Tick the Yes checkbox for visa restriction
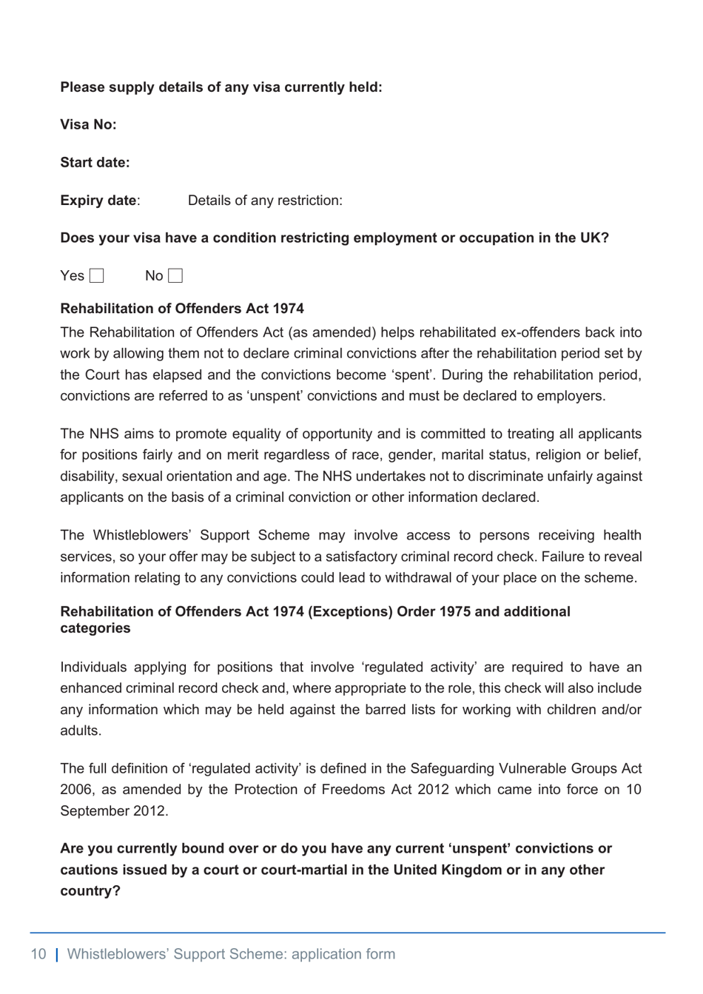[x=97, y=276]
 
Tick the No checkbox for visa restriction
[x=175, y=276]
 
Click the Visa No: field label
[x=88, y=124]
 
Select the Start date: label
[x=95, y=163]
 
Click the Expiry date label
[x=98, y=201]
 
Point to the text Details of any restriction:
[x=265, y=201]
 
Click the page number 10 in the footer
[x=38, y=954]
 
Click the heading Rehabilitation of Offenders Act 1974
[x=182, y=309]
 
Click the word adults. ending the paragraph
[x=81, y=731]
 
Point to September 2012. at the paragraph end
[x=114, y=811]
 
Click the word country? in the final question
[x=90, y=890]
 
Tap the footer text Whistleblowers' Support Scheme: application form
[x=231, y=954]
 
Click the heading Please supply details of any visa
[x=221, y=87]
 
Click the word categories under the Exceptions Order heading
[x=95, y=628]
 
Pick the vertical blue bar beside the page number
[x=58, y=954]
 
